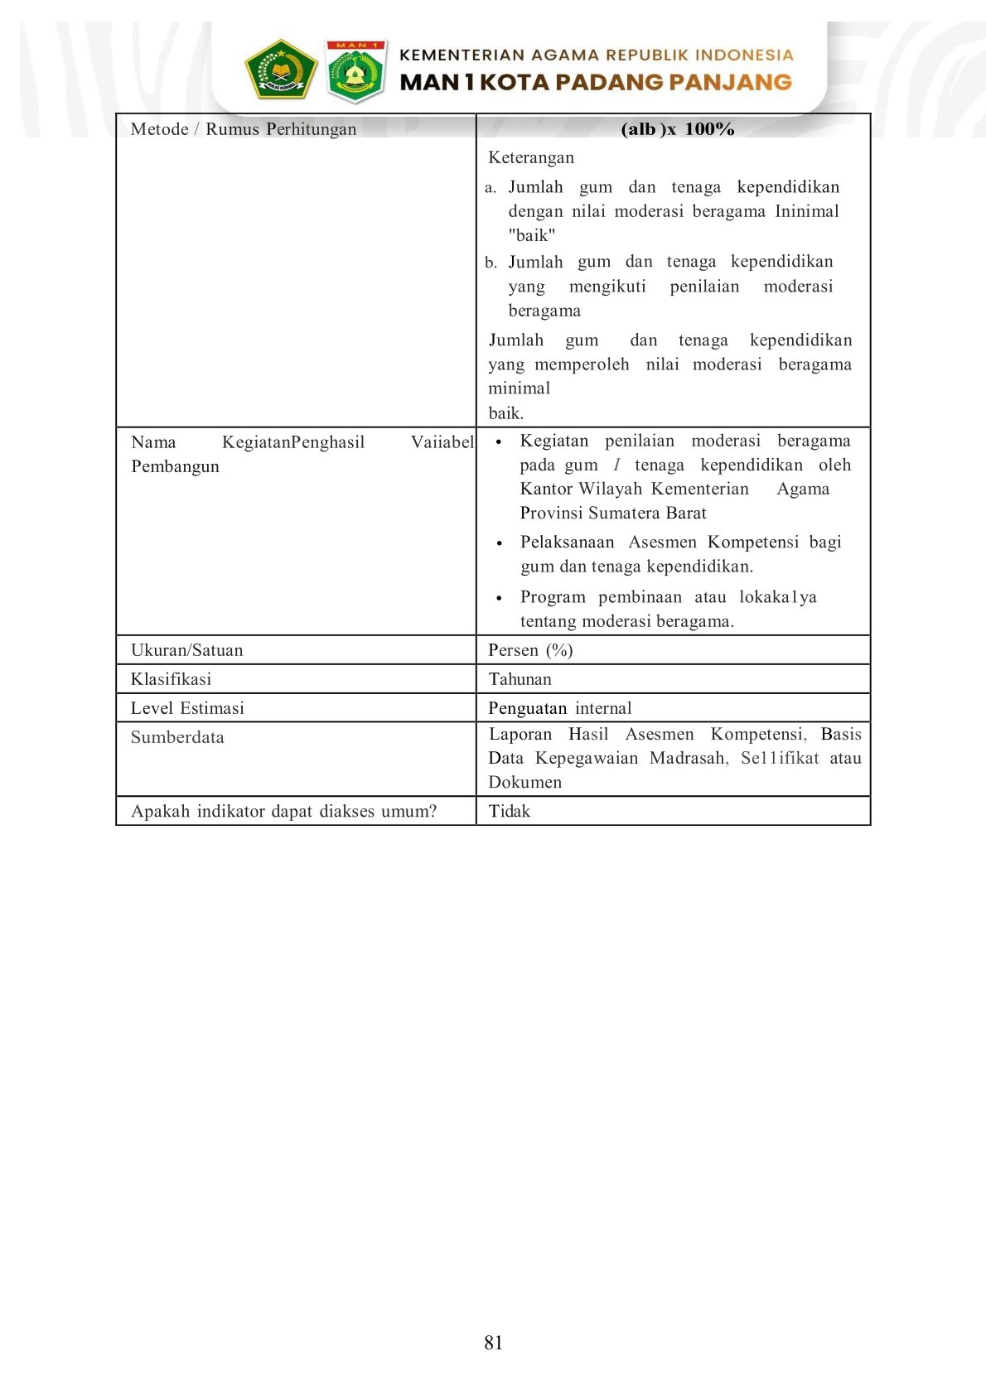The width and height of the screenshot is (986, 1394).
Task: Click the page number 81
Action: (x=493, y=1343)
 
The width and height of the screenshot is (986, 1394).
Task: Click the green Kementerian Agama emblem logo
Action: (x=281, y=70)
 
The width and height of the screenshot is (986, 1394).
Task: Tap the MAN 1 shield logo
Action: (x=355, y=71)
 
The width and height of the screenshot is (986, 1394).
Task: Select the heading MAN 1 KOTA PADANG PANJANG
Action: (x=596, y=82)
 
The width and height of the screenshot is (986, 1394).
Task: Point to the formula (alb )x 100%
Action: (x=677, y=129)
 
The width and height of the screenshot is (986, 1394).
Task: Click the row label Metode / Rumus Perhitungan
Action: (x=244, y=129)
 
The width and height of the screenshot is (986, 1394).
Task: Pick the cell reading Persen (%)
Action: (x=530, y=650)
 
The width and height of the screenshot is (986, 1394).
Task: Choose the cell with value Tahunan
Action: (x=520, y=679)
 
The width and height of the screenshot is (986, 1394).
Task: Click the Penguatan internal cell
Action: (x=559, y=708)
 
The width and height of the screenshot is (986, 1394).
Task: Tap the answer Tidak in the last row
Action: (x=509, y=811)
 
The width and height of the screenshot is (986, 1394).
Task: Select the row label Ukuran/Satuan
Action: (x=187, y=650)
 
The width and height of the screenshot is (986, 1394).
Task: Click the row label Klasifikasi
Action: (x=171, y=679)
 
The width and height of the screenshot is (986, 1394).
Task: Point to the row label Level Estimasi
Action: (x=187, y=708)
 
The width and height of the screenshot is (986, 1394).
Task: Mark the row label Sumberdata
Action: (x=177, y=737)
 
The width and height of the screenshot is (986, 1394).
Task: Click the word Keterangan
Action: (x=531, y=157)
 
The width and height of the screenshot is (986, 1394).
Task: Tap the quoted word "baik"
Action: (x=532, y=235)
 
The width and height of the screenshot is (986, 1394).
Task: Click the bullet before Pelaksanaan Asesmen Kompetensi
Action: (x=499, y=543)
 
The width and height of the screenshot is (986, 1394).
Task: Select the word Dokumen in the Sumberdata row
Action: (x=524, y=782)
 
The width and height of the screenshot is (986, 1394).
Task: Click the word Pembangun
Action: (x=175, y=466)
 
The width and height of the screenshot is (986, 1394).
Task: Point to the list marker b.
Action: (x=491, y=263)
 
